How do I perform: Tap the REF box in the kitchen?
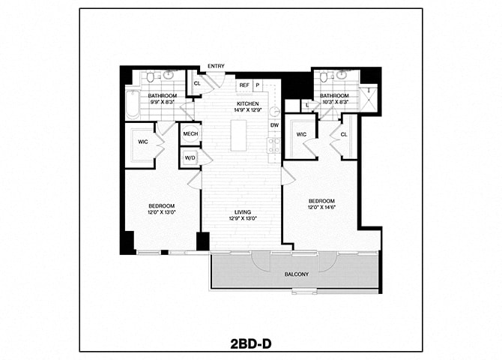pos(244,85)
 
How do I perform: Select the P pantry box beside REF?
pos(257,85)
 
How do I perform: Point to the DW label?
pos(274,124)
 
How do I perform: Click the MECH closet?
pos(190,133)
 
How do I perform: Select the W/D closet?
pos(190,157)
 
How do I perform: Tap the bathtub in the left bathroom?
pos(133,104)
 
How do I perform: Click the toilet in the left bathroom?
pos(151,76)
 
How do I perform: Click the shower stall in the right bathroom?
pos(369,98)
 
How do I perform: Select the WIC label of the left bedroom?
pos(142,141)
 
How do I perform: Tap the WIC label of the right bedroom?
pos(301,134)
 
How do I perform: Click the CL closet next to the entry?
pos(196,84)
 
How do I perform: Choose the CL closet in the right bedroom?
pos(345,135)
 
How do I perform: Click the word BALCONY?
pos(296,274)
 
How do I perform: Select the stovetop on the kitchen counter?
pos(274,145)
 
